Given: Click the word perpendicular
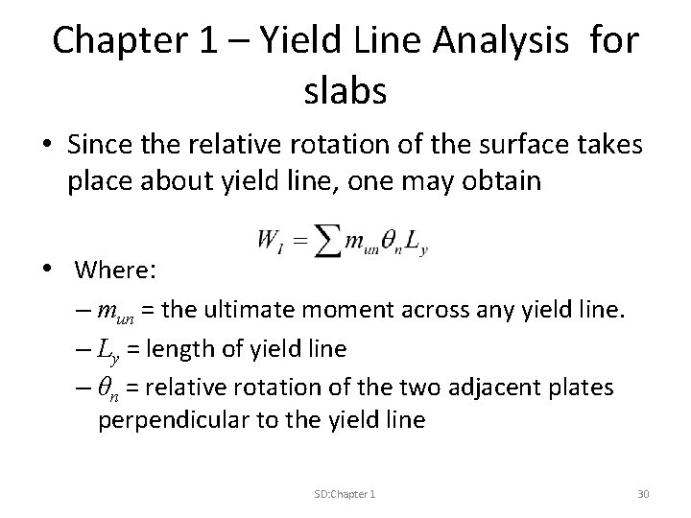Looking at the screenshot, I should [158, 422].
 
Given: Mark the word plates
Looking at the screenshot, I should [584, 388].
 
